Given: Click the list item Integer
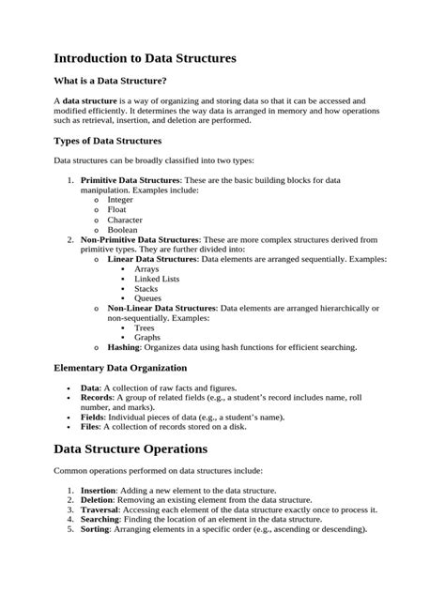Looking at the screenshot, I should (x=120, y=200).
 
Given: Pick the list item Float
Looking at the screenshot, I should (x=116, y=210).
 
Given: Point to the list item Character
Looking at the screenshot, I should (x=125, y=220).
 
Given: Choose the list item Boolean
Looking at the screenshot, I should (x=122, y=230).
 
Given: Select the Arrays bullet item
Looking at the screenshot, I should (x=146, y=269).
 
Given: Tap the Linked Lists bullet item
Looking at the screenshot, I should (x=156, y=279).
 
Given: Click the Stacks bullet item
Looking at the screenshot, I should (x=146, y=289).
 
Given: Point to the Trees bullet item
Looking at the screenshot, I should (x=145, y=327).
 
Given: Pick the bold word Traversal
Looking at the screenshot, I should (x=102, y=509).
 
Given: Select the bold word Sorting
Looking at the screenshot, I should (x=98, y=528).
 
